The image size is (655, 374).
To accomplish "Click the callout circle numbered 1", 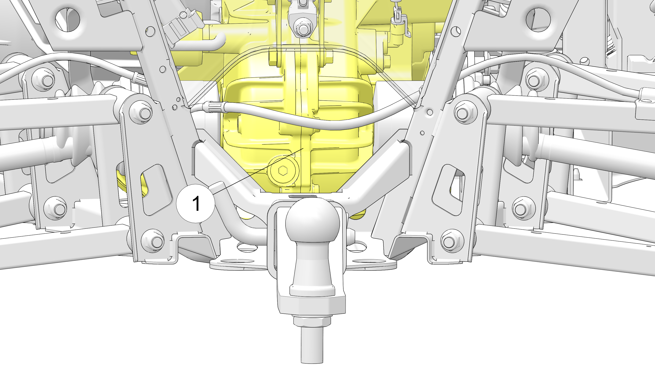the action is (x=196, y=203).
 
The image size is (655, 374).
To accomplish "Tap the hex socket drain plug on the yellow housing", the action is (x=283, y=170).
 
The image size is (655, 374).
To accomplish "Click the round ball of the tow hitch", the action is (x=313, y=220).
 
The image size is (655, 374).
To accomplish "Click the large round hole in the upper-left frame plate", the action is (x=68, y=20).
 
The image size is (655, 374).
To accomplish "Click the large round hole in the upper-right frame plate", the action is (x=538, y=20).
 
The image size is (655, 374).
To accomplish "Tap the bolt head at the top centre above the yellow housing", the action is (x=303, y=28).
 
